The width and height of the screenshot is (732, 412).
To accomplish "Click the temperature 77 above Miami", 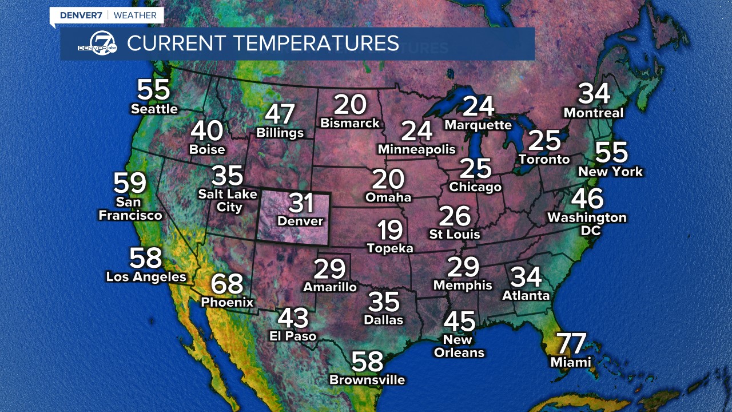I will tap(571, 343).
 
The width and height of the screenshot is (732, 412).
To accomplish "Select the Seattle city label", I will tap(154, 109).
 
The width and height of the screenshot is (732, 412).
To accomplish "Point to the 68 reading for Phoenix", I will tap(227, 284).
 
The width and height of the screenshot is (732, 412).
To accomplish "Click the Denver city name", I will tap(300, 221).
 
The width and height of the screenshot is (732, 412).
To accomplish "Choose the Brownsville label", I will tap(367, 379).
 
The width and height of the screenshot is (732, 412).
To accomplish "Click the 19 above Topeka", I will tap(390, 230).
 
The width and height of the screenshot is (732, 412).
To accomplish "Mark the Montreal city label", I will tap(594, 113).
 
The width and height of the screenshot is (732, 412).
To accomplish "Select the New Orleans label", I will tap(459, 346).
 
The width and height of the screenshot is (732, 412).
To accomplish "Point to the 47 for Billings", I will tap(280, 114).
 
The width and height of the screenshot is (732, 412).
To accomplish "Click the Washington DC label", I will tap(587, 224).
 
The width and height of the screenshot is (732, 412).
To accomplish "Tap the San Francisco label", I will tap(130, 209).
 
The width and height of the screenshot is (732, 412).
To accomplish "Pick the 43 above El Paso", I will tap(293, 318).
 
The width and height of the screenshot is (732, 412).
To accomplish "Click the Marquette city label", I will tap(478, 125).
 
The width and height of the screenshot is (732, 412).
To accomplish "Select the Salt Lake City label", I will tap(228, 200).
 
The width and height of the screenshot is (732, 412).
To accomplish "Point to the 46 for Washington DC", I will tap(587, 199).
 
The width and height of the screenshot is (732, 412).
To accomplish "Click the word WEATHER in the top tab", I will tap(135, 15).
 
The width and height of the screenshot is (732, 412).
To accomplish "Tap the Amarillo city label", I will tap(330, 287).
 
